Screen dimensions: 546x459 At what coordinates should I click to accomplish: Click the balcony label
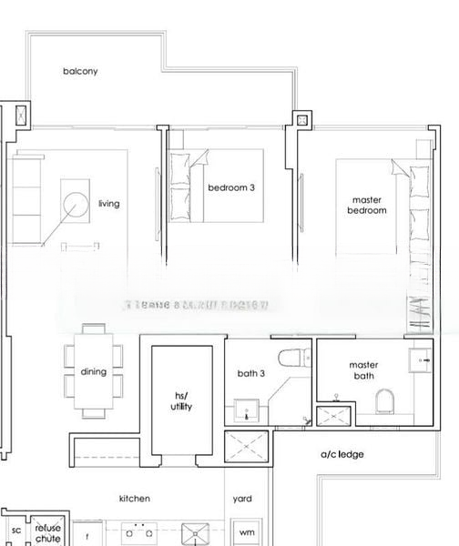click(x=80, y=71)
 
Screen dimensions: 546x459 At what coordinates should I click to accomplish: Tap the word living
click(x=108, y=204)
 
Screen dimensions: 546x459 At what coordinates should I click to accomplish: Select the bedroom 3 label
click(x=231, y=188)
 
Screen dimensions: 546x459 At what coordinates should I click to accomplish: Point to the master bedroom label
click(x=366, y=205)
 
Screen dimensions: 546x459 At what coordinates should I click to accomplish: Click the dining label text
click(x=94, y=372)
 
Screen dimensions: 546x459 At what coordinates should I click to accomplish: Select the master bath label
click(x=363, y=371)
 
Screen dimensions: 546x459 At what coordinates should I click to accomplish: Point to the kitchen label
click(x=135, y=499)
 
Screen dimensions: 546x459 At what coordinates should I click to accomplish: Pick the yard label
click(x=242, y=499)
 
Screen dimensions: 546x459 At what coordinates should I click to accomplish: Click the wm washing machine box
click(x=246, y=532)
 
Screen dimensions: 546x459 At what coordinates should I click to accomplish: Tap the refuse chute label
click(x=47, y=532)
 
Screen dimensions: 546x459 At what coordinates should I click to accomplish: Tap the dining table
click(x=94, y=371)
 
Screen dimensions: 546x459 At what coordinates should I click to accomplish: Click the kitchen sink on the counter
click(x=195, y=533)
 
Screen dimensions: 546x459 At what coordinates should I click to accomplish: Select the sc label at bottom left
click(x=15, y=531)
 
